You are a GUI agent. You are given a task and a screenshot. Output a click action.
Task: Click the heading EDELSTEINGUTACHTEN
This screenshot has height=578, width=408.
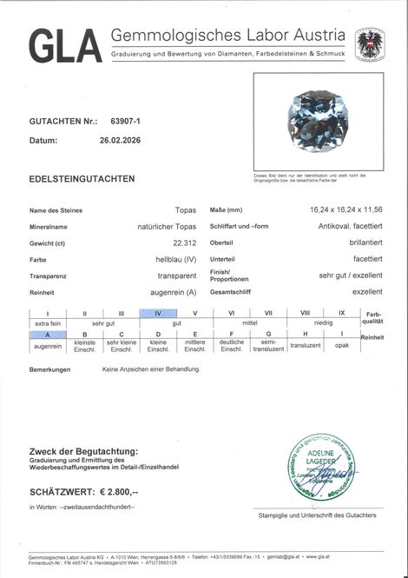coord(82,178)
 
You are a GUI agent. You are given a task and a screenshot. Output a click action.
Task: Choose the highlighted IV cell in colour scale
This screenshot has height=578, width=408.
coord(158,312)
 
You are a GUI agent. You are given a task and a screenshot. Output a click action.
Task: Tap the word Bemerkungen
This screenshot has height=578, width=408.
coord(49,369)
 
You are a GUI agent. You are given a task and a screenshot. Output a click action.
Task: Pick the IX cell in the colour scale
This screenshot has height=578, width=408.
coord(341,312)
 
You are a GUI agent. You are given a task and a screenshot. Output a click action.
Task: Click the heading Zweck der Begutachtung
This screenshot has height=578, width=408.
coord(83,451)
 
